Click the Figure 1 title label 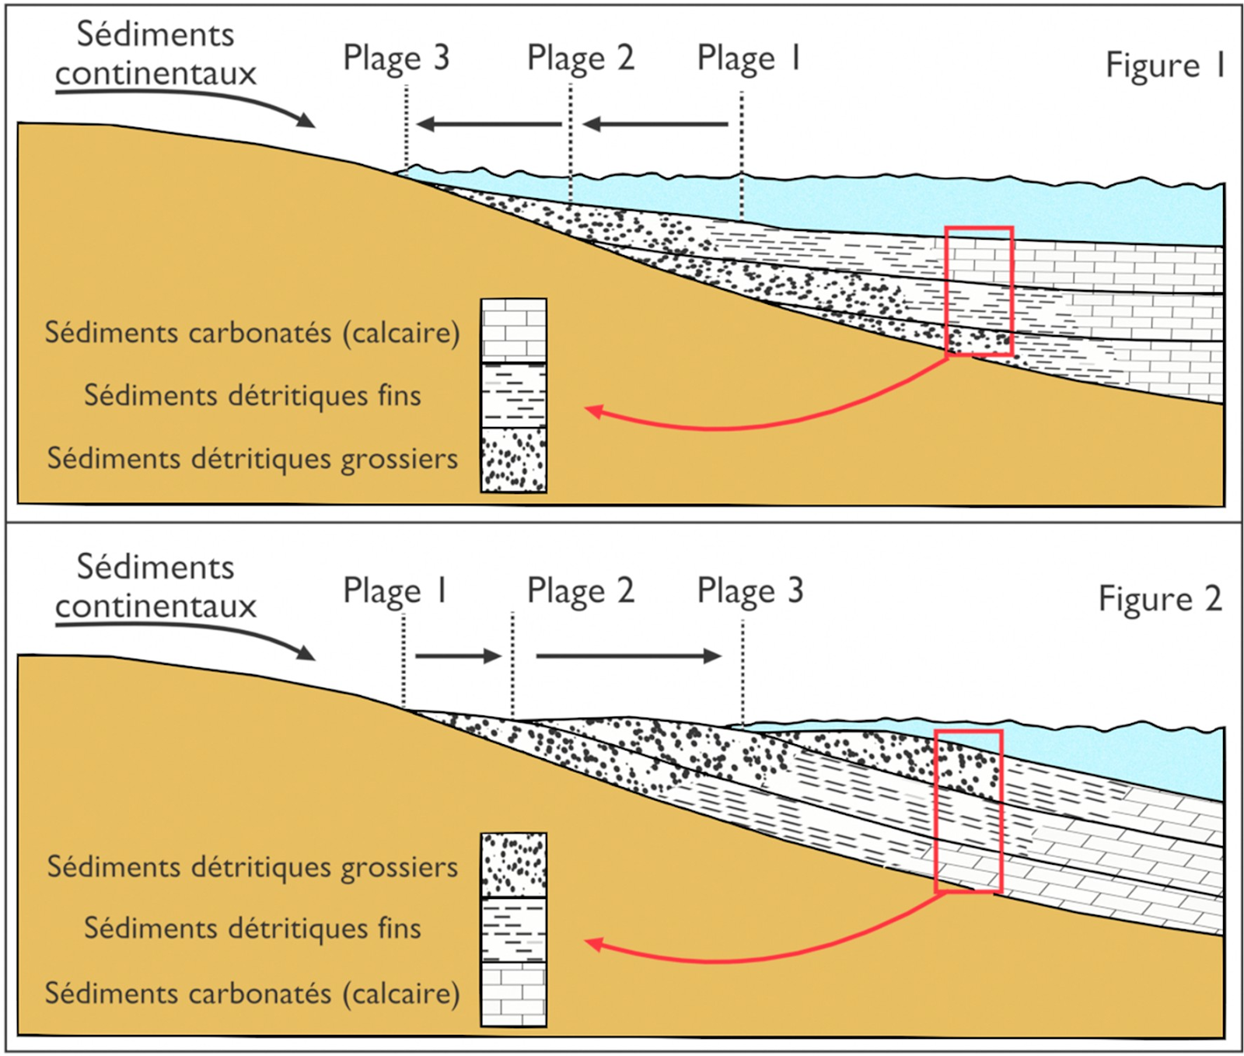pyautogui.click(x=1165, y=65)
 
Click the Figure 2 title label pyautogui.click(x=1159, y=599)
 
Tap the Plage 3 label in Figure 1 pyautogui.click(x=397, y=58)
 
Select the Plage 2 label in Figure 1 pyautogui.click(x=580, y=58)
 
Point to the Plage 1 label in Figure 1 pyautogui.click(x=748, y=58)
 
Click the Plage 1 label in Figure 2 pyautogui.click(x=395, y=590)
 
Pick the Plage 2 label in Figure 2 pyautogui.click(x=580, y=590)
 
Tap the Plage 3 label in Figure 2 pyautogui.click(x=750, y=590)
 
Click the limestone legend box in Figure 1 pyautogui.click(x=513, y=330)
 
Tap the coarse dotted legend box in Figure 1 pyautogui.click(x=513, y=460)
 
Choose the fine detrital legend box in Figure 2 pyautogui.click(x=513, y=929)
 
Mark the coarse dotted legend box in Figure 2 pyautogui.click(x=513, y=865)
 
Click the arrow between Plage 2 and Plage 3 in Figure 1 pyautogui.click(x=488, y=124)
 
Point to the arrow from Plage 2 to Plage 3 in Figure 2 pyautogui.click(x=628, y=656)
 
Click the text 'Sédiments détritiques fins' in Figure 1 pyautogui.click(x=252, y=395)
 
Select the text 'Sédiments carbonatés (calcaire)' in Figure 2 pyautogui.click(x=252, y=993)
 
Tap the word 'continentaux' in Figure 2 pyautogui.click(x=155, y=606)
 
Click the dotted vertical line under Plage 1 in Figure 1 pyautogui.click(x=741, y=156)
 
